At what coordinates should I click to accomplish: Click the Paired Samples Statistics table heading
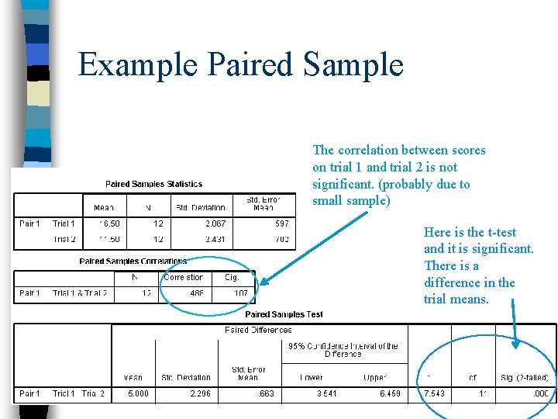(153, 184)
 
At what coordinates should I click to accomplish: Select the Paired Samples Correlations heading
(133, 261)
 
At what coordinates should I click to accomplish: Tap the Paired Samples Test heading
(284, 314)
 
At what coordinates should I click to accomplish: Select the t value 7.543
(434, 394)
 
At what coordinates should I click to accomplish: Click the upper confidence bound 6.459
(389, 394)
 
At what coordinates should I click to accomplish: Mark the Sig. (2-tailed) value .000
(540, 394)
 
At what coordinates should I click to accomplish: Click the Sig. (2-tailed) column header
(525, 378)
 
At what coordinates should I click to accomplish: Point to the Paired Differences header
(258, 331)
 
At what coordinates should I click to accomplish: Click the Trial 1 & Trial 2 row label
(80, 294)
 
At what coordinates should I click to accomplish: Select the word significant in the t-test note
(501, 249)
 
